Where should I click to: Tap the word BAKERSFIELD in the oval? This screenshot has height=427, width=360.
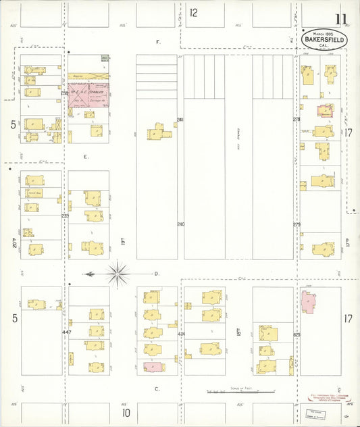pos(325,40)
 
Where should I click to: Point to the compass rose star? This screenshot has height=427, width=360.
pos(118,274)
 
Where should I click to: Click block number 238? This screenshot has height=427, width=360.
pos(65,93)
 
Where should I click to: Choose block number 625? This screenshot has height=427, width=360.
pos(296,334)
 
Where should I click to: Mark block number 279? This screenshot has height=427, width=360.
pos(296,224)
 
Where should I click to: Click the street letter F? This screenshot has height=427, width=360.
pos(158,42)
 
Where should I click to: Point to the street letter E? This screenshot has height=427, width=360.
pos(86,157)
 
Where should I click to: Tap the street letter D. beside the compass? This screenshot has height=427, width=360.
pos(156,274)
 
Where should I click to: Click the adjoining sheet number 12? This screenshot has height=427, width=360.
pos(193,12)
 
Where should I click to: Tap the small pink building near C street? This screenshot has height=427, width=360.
pos(153,367)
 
